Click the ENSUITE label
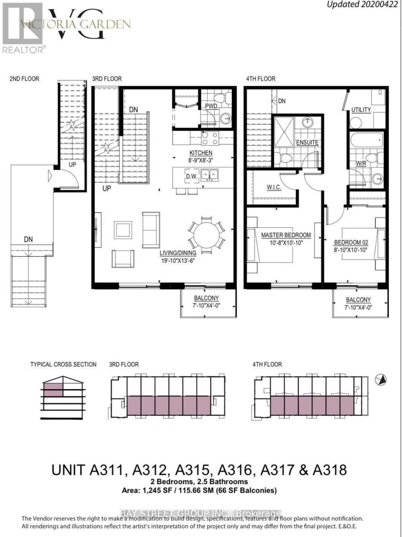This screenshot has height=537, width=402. [x=307, y=142]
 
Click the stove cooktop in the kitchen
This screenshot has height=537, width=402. [x=210, y=138]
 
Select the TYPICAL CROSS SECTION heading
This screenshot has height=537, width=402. [x=63, y=364]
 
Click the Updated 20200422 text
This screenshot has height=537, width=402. [x=362, y=5]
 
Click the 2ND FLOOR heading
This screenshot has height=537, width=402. [x=24, y=79]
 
